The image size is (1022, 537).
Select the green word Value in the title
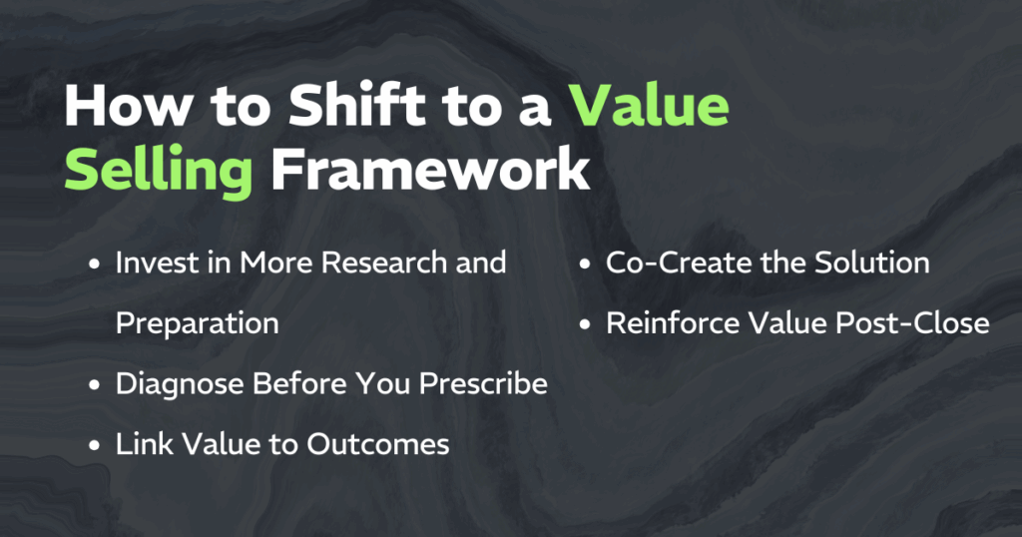649,105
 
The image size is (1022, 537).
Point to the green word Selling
159,170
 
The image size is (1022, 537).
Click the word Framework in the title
431,169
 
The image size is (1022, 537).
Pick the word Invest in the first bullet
155,263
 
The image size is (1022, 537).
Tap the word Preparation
198,323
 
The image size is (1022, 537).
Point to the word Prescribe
483,384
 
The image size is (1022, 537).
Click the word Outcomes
378,444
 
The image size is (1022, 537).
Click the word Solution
872,263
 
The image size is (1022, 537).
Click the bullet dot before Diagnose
95,385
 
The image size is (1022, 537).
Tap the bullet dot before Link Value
95,446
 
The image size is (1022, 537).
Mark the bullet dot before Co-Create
585,264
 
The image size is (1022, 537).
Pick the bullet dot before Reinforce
585,324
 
